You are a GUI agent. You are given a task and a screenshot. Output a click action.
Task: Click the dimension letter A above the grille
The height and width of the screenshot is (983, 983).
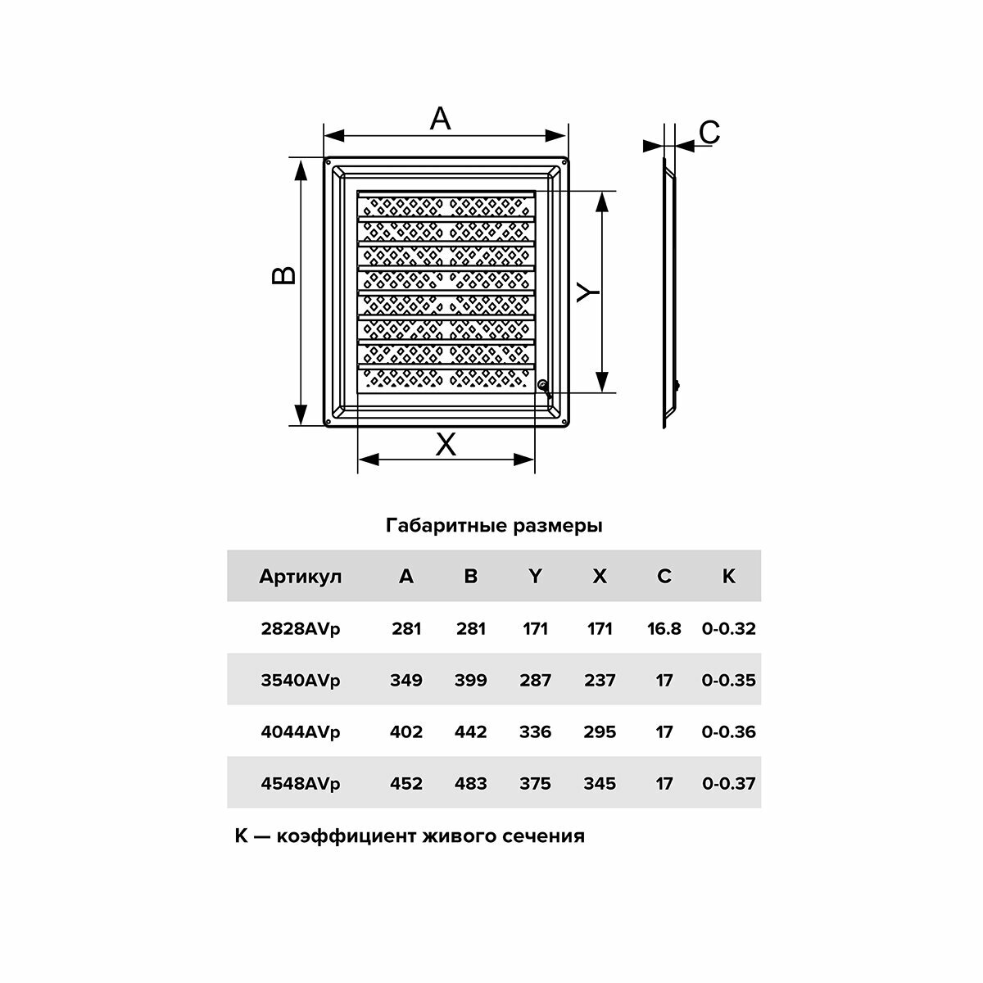[441, 120]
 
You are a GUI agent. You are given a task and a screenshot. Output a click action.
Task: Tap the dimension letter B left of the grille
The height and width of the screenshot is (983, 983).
[283, 275]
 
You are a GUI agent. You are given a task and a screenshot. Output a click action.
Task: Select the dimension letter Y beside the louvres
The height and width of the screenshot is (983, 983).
[587, 292]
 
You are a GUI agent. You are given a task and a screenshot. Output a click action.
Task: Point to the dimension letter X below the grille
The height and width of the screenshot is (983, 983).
[446, 445]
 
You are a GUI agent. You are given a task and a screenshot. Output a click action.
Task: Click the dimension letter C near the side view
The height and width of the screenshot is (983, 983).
[709, 132]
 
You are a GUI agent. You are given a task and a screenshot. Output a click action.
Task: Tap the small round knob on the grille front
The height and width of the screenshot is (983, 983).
[541, 384]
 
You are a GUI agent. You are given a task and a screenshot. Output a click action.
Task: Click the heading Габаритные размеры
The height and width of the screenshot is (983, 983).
[494, 526]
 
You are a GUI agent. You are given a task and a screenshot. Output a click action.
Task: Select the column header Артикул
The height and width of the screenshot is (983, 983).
[300, 577]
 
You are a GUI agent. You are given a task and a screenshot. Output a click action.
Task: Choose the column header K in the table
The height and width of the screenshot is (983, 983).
[728, 577]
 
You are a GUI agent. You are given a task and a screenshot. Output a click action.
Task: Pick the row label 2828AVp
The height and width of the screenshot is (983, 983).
[300, 629]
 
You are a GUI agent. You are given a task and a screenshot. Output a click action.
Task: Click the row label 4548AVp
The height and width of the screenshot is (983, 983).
[300, 784]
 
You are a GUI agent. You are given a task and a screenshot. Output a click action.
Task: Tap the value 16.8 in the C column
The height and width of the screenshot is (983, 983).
[664, 629]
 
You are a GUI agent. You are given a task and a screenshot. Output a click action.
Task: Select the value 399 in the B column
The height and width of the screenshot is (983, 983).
[470, 681]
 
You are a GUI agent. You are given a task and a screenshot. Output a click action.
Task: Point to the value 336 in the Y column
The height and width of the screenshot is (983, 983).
[535, 732]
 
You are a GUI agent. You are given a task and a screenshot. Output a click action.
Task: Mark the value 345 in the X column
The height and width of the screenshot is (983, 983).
[600, 784]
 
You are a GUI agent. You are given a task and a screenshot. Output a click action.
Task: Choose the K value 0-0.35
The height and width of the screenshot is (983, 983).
[728, 681]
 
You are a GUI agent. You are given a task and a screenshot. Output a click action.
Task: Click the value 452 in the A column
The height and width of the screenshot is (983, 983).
[406, 784]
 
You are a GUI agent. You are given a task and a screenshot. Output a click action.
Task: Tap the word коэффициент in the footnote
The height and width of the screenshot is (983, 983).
[347, 837]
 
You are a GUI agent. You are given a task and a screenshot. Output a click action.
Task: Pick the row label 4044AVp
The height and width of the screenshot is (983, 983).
[300, 732]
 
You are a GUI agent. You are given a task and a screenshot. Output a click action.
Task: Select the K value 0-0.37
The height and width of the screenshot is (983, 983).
[728, 784]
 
